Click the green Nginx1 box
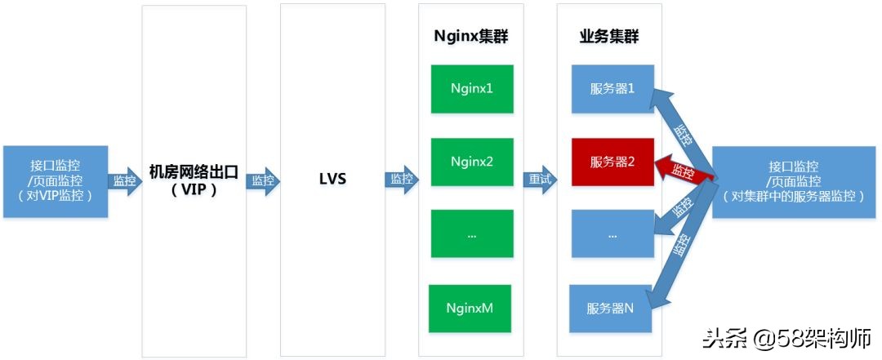471,87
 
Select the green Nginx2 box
471,162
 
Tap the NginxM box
469,309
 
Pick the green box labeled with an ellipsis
471,234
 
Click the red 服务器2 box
612,162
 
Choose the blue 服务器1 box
612,88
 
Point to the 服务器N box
610,309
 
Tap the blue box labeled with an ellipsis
612,234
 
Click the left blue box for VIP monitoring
55,181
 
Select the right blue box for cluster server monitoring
795,181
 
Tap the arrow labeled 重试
540,180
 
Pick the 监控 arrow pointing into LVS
263,180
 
